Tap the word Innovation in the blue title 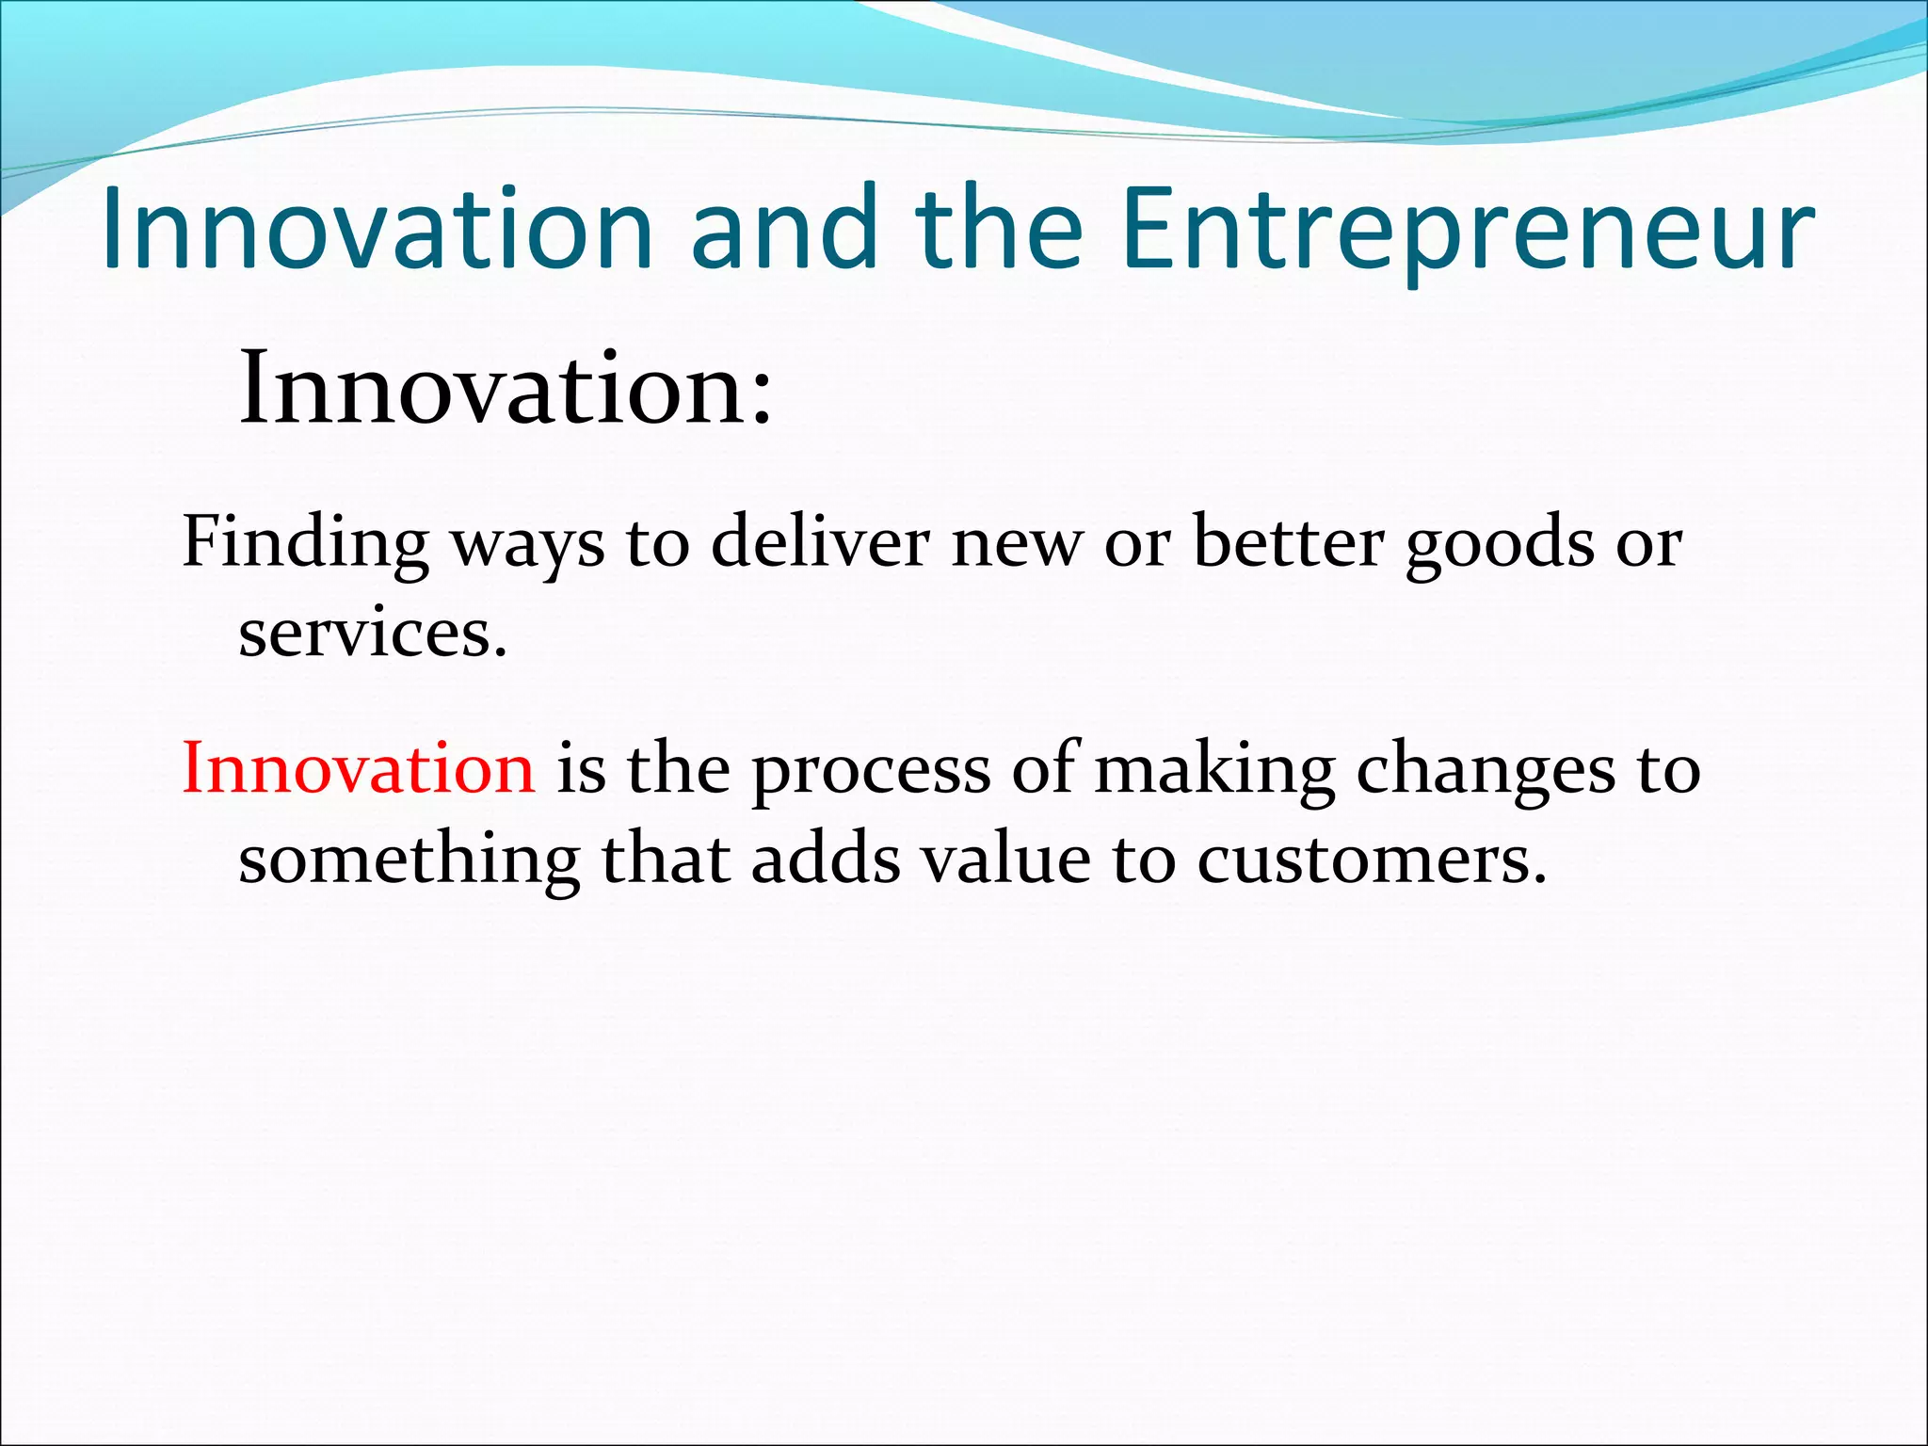(377, 231)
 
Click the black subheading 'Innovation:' (505, 389)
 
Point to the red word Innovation (358, 768)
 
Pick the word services (371, 634)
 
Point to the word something (409, 860)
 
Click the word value (1004, 859)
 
